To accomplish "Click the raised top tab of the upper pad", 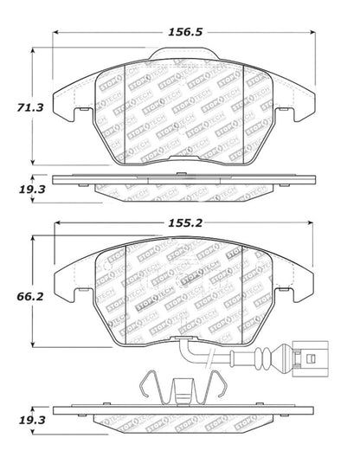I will click(x=183, y=57).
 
